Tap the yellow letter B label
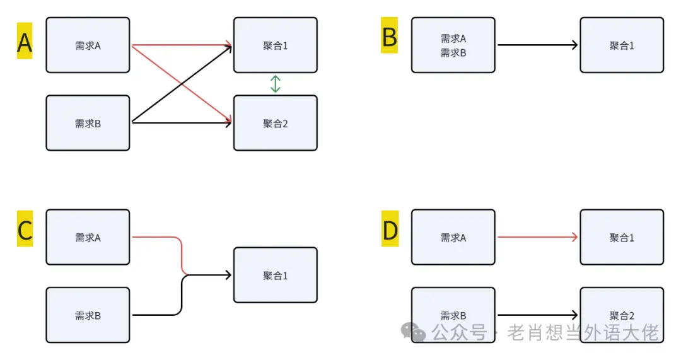pyautogui.click(x=389, y=38)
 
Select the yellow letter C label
pyautogui.click(x=25, y=231)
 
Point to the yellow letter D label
pyautogui.click(x=390, y=231)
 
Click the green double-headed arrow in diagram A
pyautogui.click(x=276, y=84)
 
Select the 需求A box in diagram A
pyautogui.click(x=88, y=45)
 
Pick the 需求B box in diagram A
pyautogui.click(x=88, y=123)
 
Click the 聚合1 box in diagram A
pyautogui.click(x=276, y=45)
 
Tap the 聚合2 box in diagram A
pyautogui.click(x=276, y=123)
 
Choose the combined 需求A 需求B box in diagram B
pyautogui.click(x=453, y=45)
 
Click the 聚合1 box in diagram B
pyautogui.click(x=622, y=45)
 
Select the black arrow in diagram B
pyautogui.click(x=537, y=45)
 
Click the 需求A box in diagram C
pyautogui.click(x=88, y=237)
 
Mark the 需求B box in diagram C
pyautogui.click(x=88, y=315)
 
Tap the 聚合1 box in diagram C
pyautogui.click(x=276, y=276)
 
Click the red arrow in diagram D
pyautogui.click(x=537, y=237)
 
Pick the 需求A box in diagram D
pyautogui.click(x=453, y=237)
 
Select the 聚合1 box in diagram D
pyautogui.click(x=622, y=237)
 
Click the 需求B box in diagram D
pyautogui.click(x=453, y=315)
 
